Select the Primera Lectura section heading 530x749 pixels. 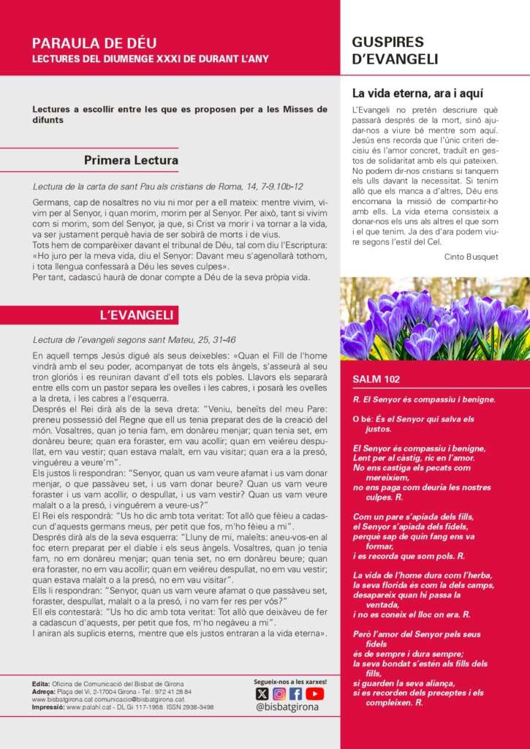(x=131, y=160)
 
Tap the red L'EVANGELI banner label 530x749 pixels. (x=136, y=315)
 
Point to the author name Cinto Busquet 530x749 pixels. (x=472, y=257)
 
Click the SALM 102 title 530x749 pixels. (x=376, y=380)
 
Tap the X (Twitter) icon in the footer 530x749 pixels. (x=262, y=694)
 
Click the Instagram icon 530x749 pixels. (x=279, y=694)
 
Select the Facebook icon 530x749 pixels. (x=296, y=694)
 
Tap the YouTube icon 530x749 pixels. (x=314, y=694)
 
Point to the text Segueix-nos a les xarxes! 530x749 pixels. (x=290, y=682)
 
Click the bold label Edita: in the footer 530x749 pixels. (x=41, y=683)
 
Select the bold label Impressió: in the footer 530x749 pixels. (x=48, y=707)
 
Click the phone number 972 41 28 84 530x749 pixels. (x=174, y=691)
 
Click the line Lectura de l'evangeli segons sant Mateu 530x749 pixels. (x=135, y=339)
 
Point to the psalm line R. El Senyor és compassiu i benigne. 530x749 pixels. (x=424, y=399)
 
